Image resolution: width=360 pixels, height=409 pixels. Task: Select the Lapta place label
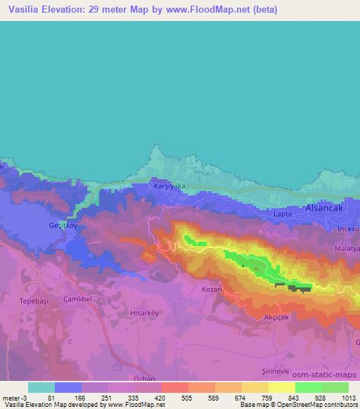pos(283,213)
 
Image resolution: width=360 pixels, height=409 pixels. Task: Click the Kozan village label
pos(212,290)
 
